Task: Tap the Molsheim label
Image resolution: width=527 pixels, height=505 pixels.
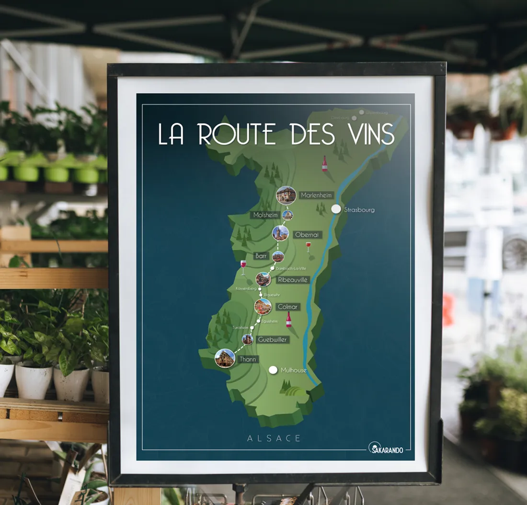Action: click(x=265, y=215)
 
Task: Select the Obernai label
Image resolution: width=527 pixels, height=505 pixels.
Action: click(x=307, y=234)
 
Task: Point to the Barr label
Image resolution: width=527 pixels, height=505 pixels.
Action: click(x=261, y=256)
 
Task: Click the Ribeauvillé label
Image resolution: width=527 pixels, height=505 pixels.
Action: click(x=293, y=279)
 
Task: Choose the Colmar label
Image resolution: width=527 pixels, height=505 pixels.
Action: click(x=287, y=307)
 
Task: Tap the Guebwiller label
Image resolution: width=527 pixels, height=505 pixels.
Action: click(x=272, y=340)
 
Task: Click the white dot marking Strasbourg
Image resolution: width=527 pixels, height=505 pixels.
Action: click(x=336, y=209)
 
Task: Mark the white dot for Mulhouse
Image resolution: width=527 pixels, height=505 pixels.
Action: click(x=273, y=370)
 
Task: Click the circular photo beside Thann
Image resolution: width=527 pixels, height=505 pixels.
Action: click(x=225, y=358)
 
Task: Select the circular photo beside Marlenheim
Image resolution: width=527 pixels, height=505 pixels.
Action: click(x=286, y=195)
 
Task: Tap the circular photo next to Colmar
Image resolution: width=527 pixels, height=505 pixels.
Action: click(x=263, y=306)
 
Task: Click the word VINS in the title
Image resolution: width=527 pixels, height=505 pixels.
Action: click(x=366, y=134)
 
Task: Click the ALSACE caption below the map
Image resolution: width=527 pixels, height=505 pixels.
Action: click(x=275, y=438)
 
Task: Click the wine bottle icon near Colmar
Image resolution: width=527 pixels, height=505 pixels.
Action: click(x=289, y=319)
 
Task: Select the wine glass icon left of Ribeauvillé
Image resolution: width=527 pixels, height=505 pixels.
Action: click(x=243, y=267)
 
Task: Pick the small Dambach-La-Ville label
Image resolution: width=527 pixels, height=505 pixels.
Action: click(x=291, y=269)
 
